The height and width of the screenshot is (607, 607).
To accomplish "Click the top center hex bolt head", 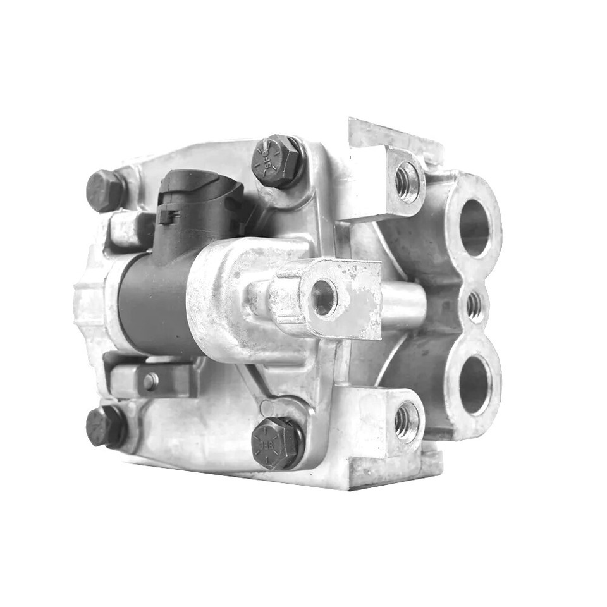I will point(276,161).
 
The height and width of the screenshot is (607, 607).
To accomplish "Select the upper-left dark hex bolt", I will point(104,190).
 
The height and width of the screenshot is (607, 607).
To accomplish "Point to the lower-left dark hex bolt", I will point(104,426).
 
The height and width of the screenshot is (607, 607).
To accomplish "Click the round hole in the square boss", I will point(324,297).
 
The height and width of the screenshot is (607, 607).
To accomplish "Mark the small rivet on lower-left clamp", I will point(150,381).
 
